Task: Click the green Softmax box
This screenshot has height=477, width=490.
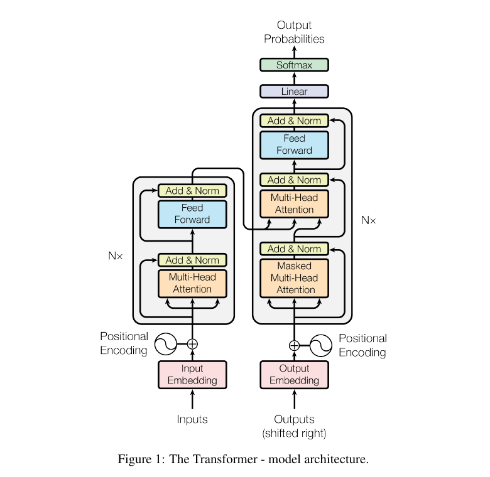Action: point(294,65)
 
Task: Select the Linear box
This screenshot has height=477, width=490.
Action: point(294,92)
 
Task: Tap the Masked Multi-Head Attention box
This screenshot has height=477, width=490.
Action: point(294,277)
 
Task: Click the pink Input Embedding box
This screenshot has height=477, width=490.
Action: point(192,375)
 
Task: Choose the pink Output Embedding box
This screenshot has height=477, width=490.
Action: point(294,375)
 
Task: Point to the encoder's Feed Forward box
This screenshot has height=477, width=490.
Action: point(192,214)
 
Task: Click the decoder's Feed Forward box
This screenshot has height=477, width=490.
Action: point(294,144)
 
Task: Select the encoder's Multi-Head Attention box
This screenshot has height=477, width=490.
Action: point(192,283)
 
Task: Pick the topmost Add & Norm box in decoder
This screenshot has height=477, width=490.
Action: point(294,121)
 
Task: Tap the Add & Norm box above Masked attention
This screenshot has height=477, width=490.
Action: point(294,249)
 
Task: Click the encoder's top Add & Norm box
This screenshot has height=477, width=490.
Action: point(192,191)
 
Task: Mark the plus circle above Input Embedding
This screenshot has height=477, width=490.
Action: point(192,344)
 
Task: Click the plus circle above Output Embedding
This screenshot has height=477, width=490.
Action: point(294,345)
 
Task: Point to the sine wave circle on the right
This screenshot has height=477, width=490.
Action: point(320,345)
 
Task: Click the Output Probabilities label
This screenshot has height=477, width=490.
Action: point(294,32)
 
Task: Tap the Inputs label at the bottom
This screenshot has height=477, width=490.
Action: point(192,419)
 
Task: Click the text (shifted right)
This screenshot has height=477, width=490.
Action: point(294,433)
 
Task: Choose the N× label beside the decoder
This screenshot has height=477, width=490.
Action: point(368,220)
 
